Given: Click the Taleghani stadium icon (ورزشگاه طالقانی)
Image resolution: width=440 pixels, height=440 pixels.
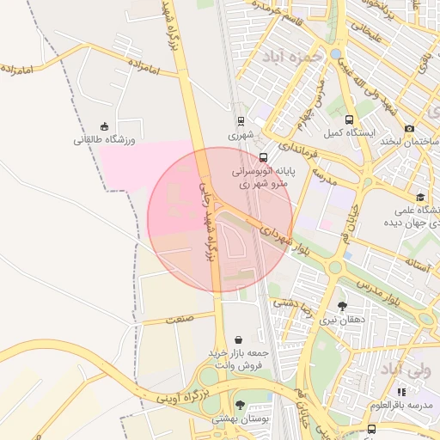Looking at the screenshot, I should pos(105,126).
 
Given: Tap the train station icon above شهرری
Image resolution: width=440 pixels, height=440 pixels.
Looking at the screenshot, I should pos(241,121).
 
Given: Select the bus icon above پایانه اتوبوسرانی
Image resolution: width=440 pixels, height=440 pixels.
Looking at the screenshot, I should pos(263,158).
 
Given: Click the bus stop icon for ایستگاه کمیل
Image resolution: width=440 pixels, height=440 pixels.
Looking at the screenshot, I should pos(349,120).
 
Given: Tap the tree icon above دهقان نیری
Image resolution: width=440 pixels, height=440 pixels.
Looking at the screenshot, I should pos(342,306).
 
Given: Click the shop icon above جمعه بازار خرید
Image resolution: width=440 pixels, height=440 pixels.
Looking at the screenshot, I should pos(238,339).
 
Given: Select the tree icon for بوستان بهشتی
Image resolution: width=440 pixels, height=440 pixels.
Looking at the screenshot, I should pos(240,405).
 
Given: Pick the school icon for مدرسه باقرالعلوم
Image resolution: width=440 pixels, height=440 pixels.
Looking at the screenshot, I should pos(400,391).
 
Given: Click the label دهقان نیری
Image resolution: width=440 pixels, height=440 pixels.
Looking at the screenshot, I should pos(342,320).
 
